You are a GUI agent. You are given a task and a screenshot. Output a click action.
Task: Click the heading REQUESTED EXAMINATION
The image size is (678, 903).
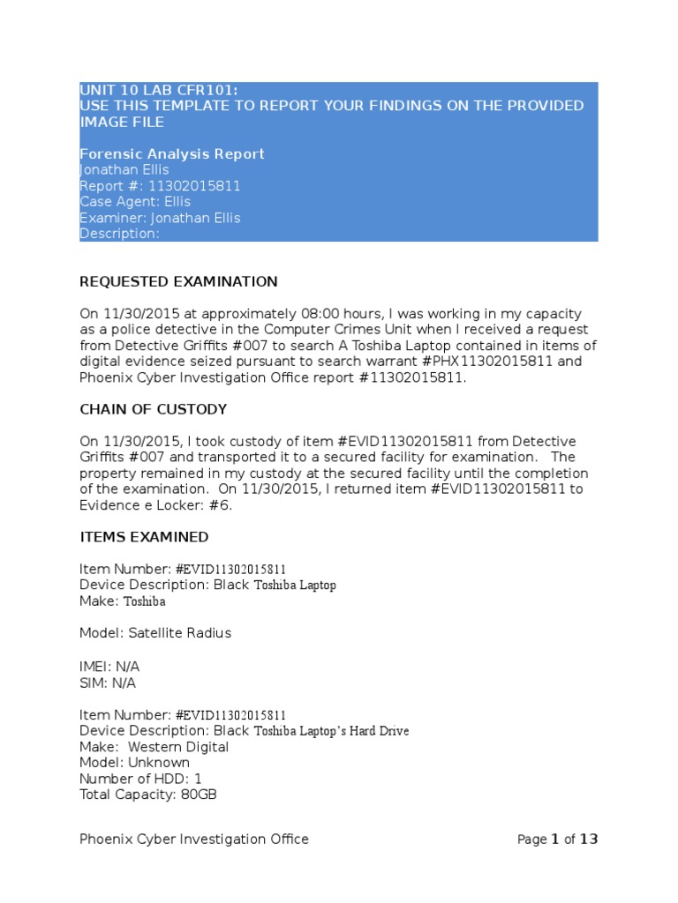coord(178,282)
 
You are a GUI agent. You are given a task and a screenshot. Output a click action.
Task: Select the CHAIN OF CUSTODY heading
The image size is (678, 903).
coord(153,410)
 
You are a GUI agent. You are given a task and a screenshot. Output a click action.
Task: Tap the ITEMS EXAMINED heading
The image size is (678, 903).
coord(144,537)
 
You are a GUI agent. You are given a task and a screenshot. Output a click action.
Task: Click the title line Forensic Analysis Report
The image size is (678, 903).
coord(172,154)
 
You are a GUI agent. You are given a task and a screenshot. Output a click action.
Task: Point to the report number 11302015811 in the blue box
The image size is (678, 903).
coord(196,186)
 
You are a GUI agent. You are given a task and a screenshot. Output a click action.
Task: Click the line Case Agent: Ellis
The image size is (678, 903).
coord(134,202)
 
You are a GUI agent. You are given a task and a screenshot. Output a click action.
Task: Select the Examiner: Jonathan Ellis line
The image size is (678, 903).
coord(160,218)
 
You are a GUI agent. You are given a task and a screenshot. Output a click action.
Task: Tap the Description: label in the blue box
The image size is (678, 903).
coord(119,234)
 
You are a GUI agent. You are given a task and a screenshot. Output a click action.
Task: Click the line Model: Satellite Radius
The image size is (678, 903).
coord(155,633)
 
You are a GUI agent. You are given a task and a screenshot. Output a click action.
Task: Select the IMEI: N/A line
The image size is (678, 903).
coord(109,667)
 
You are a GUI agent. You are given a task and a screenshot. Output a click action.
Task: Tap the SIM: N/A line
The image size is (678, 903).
coord(108,683)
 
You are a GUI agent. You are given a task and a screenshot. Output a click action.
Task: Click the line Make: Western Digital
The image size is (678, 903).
coord(154,747)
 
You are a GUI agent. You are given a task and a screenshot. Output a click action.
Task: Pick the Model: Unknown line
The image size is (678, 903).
coord(134,763)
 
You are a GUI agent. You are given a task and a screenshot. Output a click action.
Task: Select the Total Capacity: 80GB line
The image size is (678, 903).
coord(148,795)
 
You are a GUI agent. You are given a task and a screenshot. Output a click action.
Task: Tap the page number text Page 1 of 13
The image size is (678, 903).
coord(557,840)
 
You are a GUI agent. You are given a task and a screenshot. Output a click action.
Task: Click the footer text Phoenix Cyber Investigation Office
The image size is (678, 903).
coord(194,840)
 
